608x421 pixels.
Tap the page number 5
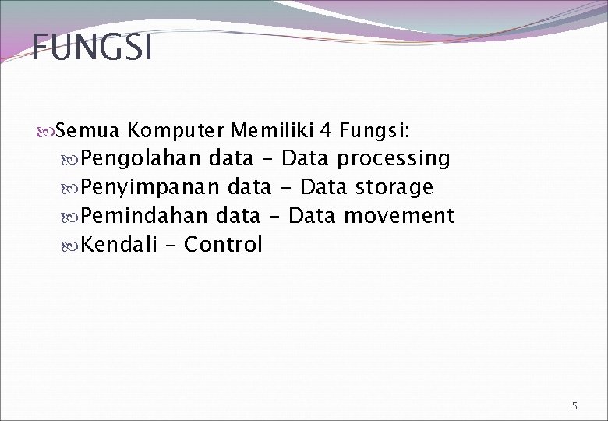[574, 406]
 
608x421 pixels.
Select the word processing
[394, 159]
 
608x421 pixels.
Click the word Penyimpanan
[151, 188]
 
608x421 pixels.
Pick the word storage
[394, 188]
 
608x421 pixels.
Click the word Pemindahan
[145, 216]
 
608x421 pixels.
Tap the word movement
[399, 216]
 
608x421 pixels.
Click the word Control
[224, 245]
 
